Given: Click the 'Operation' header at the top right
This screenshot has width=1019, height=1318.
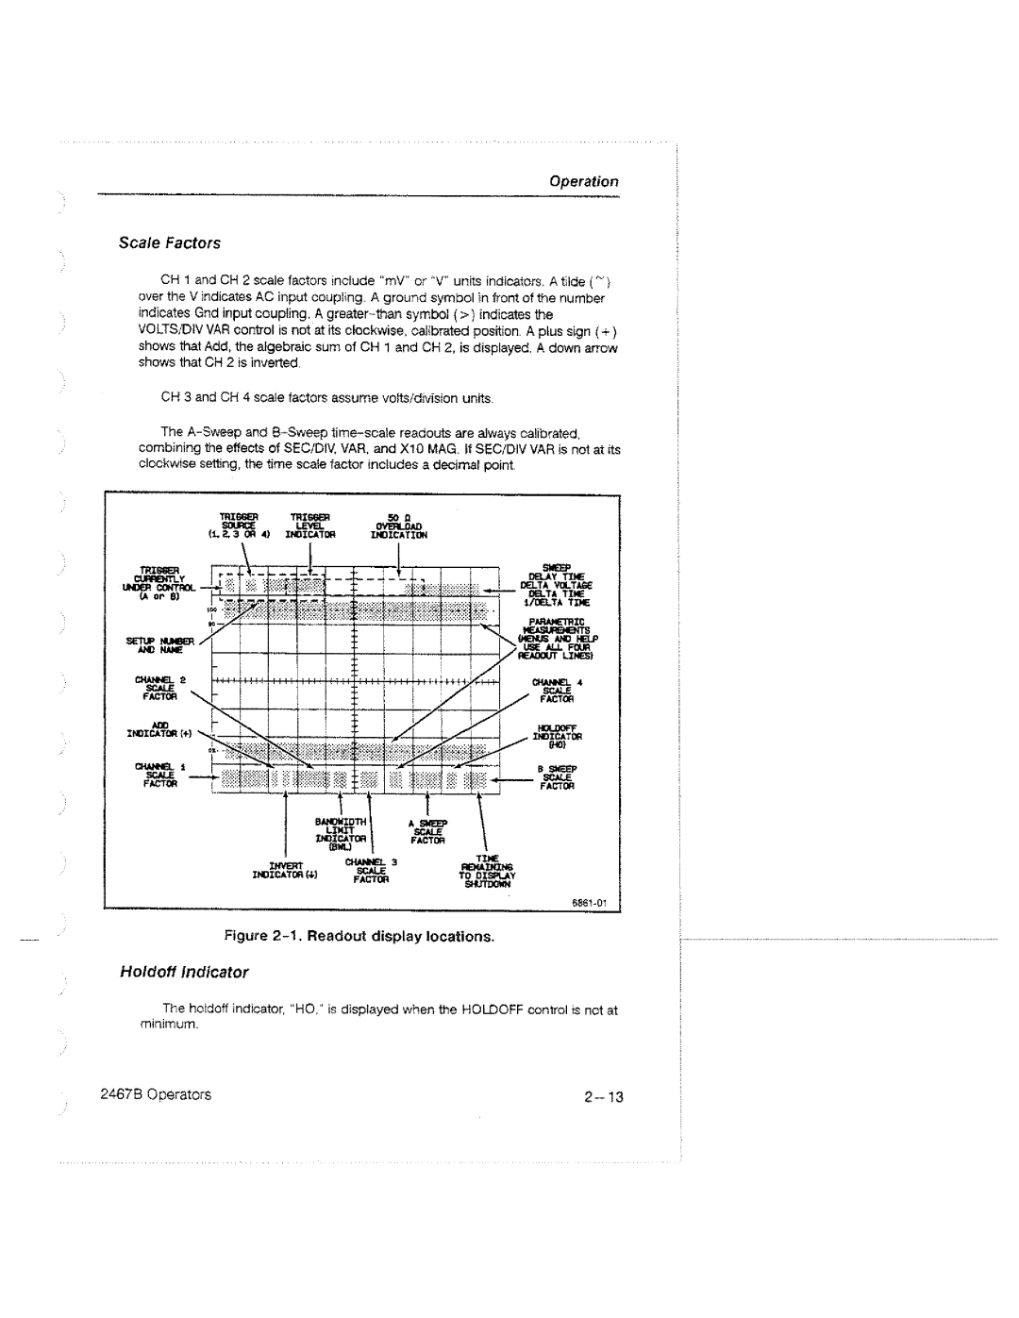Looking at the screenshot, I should pos(585,181).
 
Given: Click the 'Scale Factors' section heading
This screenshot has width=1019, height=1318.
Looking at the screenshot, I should pos(169,242).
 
